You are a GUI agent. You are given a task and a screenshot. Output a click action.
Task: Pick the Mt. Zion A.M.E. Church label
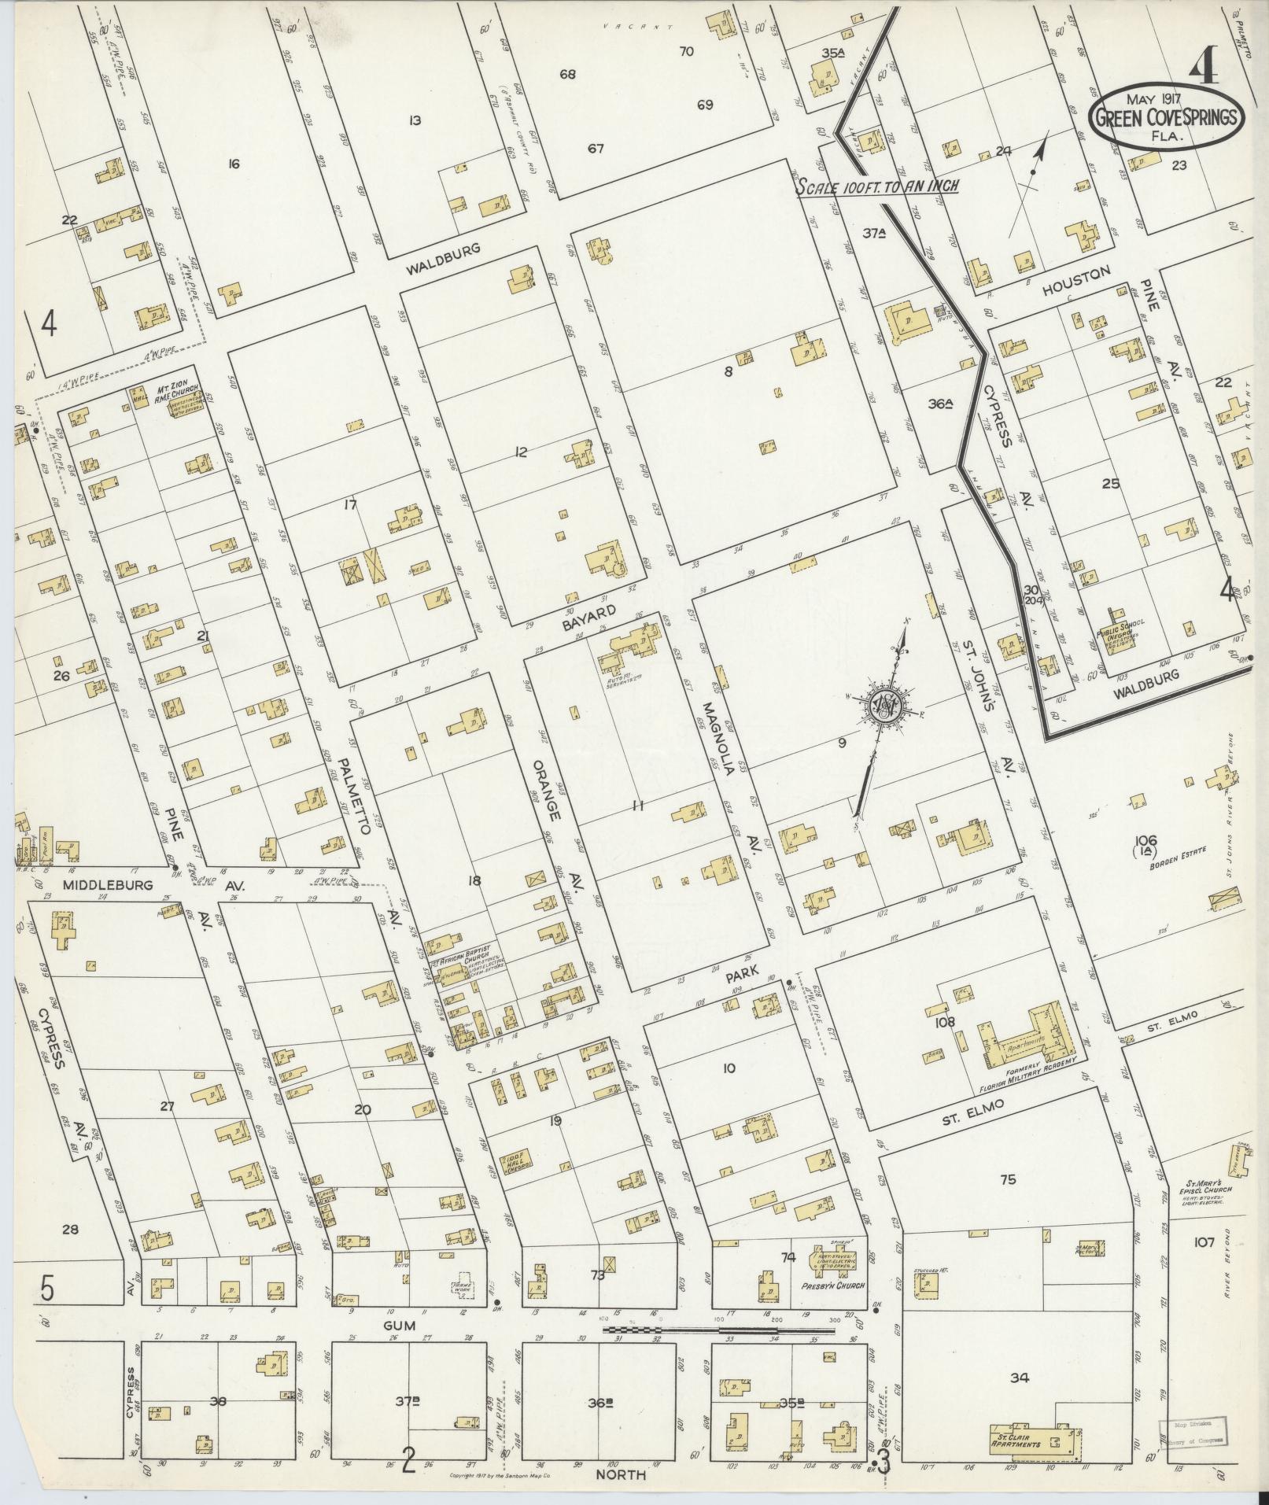click(179, 391)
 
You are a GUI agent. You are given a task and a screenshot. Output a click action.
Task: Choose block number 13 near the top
click(415, 120)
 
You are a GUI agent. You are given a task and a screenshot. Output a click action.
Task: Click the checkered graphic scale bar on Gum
click(732, 1329)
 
